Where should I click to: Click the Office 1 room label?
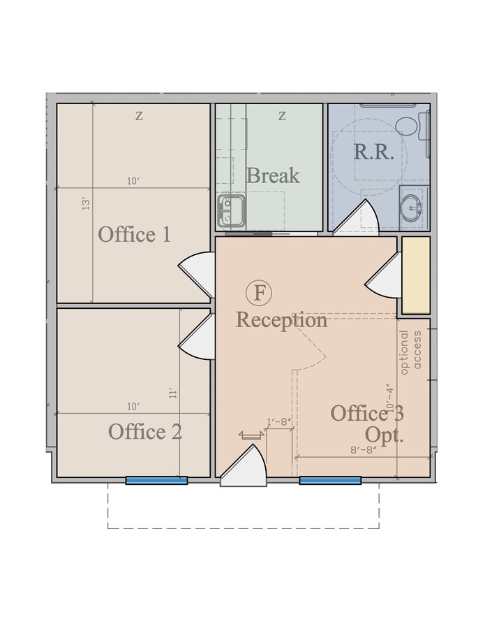coord(134,234)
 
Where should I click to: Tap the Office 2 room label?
coord(144,432)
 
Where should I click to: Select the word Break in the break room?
coord(272,175)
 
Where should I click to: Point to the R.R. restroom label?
coord(374,152)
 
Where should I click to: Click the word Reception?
coord(281,320)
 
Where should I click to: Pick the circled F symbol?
coord(259,292)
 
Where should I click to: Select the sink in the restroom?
coord(412,206)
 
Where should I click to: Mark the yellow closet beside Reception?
coord(416,275)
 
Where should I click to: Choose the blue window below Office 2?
coord(156,481)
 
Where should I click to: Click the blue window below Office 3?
coord(330,481)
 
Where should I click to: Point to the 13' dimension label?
coord(87,204)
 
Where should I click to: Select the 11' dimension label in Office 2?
coord(173,393)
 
